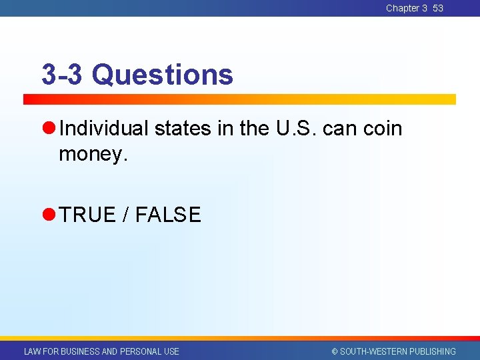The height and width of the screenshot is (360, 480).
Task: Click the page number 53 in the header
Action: click(x=437, y=8)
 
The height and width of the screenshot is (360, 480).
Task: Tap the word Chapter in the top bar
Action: click(x=403, y=8)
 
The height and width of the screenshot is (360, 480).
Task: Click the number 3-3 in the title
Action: click(x=62, y=75)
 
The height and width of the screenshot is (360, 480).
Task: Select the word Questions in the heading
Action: click(x=163, y=75)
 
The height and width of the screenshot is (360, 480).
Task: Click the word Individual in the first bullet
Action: click(x=103, y=128)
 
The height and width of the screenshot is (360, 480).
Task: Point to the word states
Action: click(x=183, y=128)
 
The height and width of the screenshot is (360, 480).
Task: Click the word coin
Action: click(x=383, y=128)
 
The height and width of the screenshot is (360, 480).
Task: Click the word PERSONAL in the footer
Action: click(x=140, y=351)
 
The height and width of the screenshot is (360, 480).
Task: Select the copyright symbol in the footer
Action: click(x=335, y=351)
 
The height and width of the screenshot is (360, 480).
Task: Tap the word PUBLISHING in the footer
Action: click(x=433, y=351)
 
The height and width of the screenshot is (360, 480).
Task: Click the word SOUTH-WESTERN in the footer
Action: click(x=373, y=351)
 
